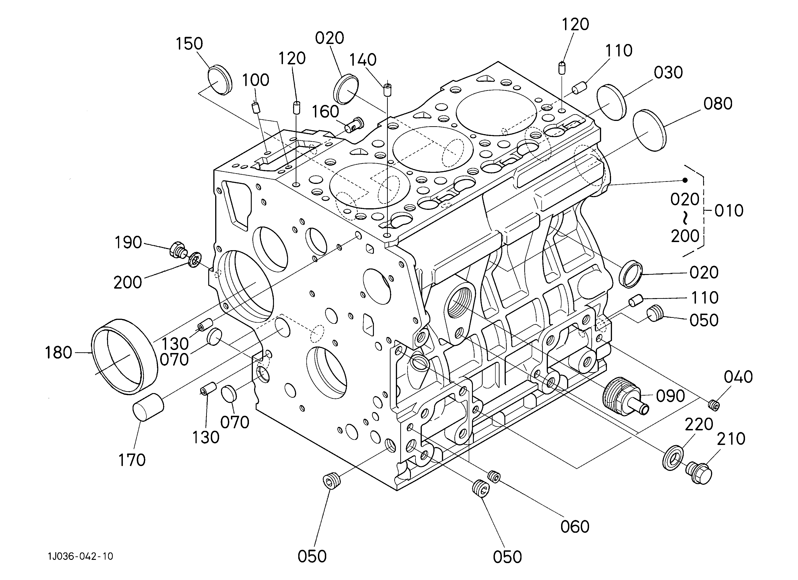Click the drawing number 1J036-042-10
81,556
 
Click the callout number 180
58,353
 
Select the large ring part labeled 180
124,357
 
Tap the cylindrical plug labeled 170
148,408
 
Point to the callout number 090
670,396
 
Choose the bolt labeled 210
699,472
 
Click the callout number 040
738,377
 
